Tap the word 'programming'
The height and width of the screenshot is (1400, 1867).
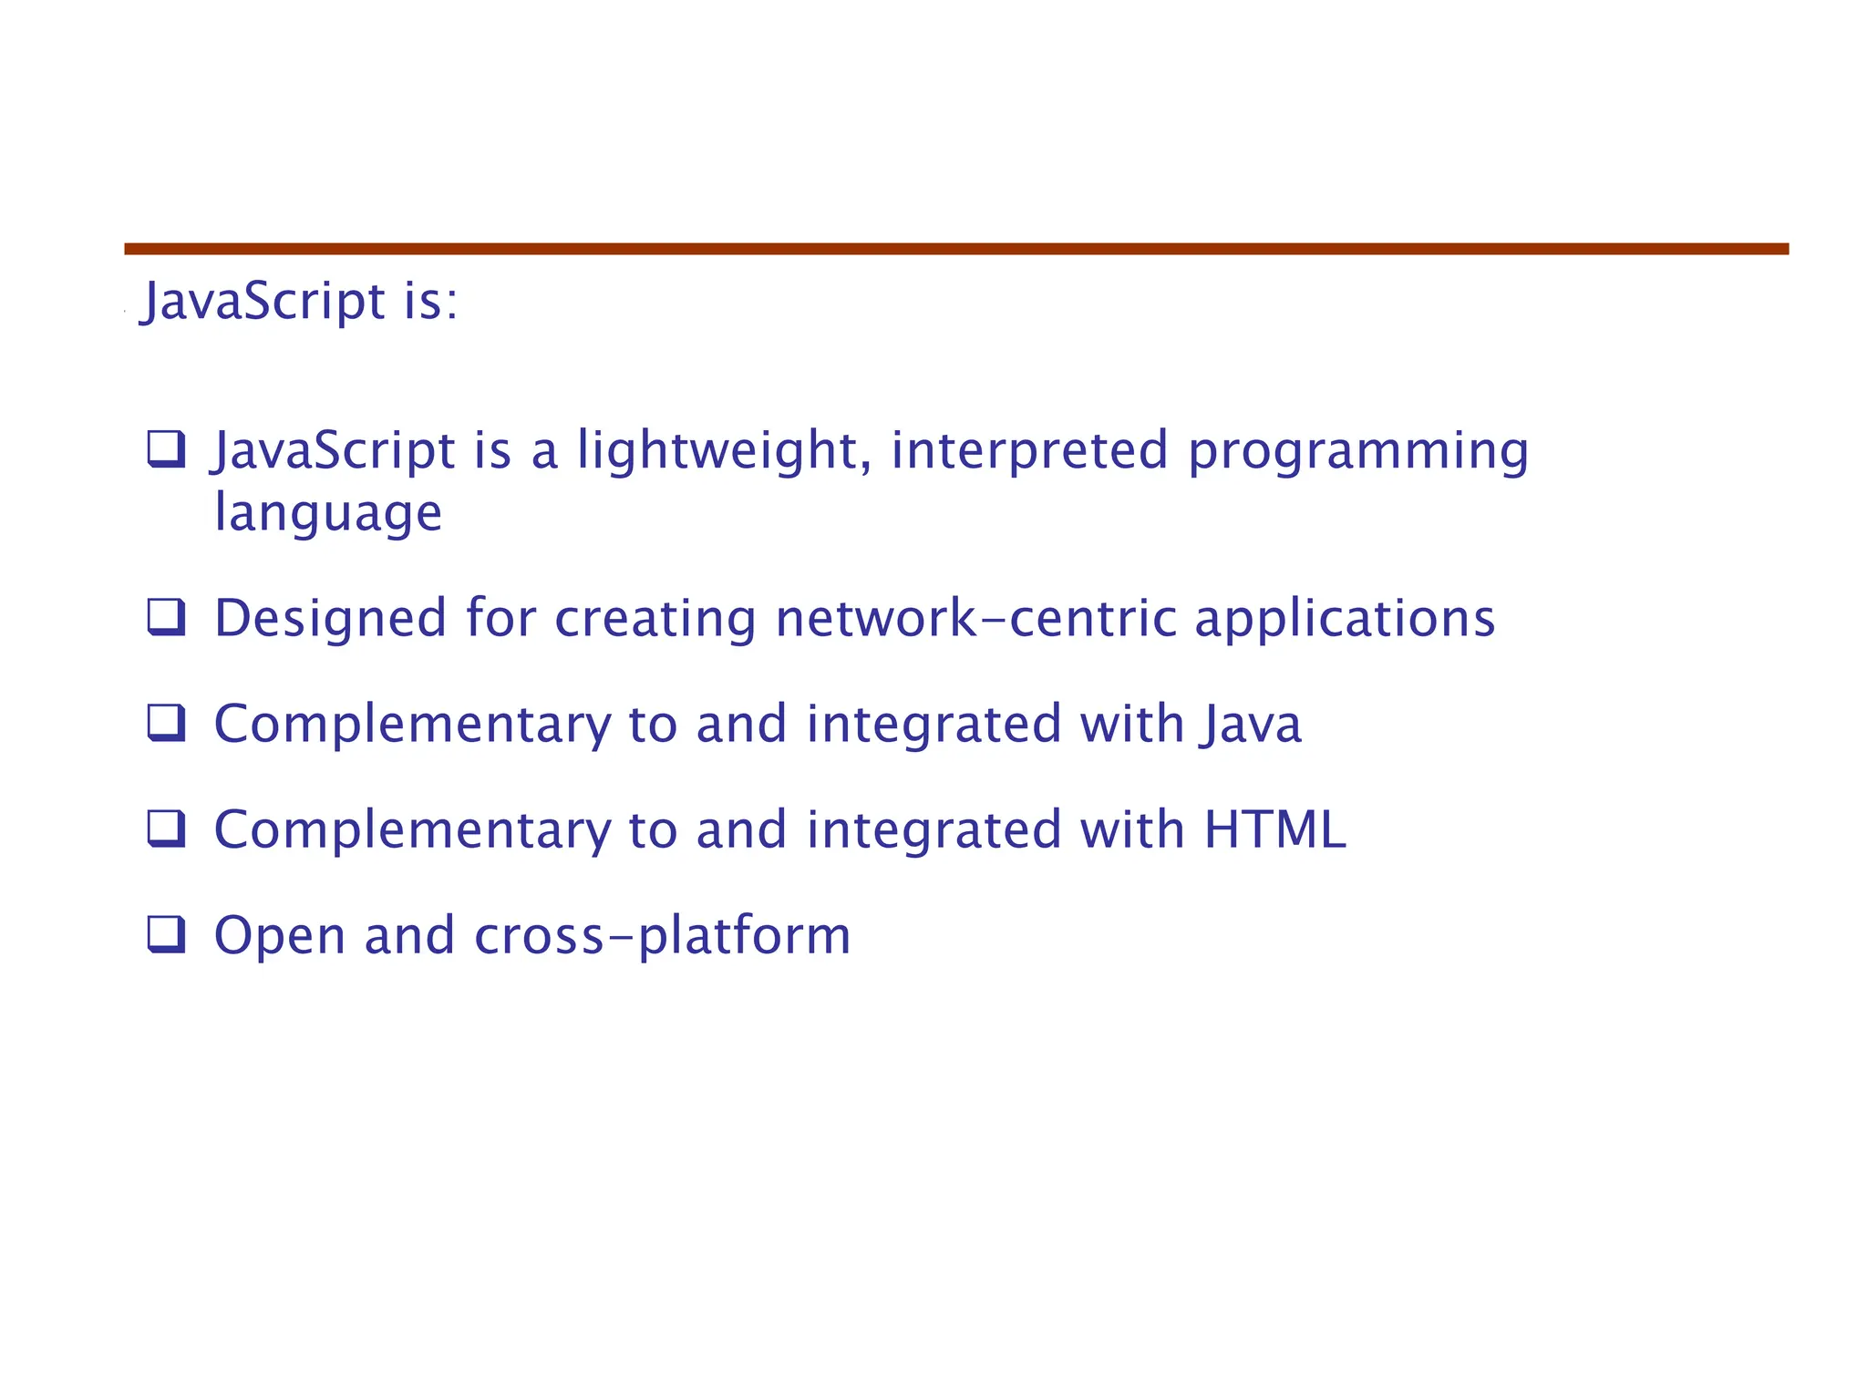[1358, 450]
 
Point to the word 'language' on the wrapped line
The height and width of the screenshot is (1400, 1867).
[328, 512]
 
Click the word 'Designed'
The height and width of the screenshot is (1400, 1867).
[330, 618]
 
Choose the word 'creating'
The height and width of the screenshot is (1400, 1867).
[655, 618]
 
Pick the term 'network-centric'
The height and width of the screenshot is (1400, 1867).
[975, 618]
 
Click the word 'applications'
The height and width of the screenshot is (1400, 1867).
[1345, 618]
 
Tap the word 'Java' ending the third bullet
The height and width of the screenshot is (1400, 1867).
[1251, 724]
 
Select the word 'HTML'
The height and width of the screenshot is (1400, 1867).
[1274, 829]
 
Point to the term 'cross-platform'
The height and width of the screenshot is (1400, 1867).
[663, 935]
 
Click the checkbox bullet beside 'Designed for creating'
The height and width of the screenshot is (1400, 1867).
[167, 618]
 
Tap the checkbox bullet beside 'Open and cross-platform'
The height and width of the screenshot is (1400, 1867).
[167, 935]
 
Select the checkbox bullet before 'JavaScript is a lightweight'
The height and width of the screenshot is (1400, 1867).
[167, 449]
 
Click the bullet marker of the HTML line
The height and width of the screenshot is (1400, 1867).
[167, 829]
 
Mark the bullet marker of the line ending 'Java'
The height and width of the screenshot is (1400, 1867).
[167, 724]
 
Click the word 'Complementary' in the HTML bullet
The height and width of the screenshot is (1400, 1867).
[412, 829]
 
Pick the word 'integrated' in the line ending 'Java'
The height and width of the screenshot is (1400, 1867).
[933, 724]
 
